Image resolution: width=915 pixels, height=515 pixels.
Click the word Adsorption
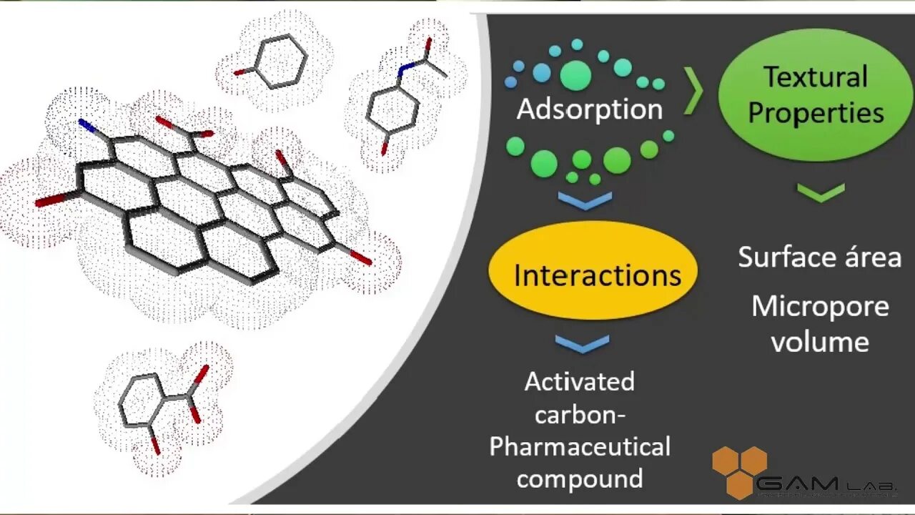tap(590, 109)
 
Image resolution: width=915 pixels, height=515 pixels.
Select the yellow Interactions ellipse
tap(593, 272)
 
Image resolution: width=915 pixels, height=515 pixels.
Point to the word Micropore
tap(820, 306)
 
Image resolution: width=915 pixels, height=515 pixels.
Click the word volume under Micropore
tap(820, 341)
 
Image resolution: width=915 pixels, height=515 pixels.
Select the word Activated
tap(579, 381)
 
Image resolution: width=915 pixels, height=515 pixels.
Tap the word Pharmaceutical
tap(580, 447)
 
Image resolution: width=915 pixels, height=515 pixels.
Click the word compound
tap(580, 478)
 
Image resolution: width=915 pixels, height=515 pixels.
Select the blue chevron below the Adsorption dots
tap(585, 201)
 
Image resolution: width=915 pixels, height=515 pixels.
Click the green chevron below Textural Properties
tap(820, 192)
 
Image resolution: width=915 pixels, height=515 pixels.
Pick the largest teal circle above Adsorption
tap(575, 75)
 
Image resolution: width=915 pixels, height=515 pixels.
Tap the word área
tap(867, 257)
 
